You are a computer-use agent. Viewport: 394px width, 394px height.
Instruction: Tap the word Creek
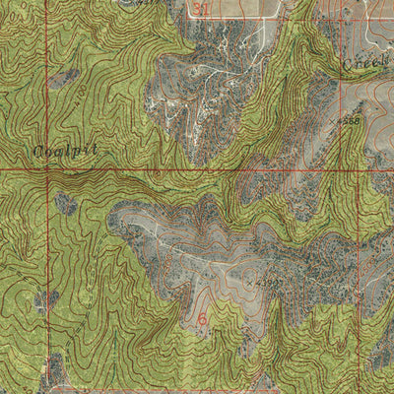point(364,61)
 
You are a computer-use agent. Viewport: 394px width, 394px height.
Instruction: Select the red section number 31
point(203,9)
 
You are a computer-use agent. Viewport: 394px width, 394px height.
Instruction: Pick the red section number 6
point(203,319)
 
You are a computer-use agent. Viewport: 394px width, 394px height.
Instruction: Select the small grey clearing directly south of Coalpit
point(65,203)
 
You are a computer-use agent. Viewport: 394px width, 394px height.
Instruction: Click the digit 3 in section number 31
point(198,9)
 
